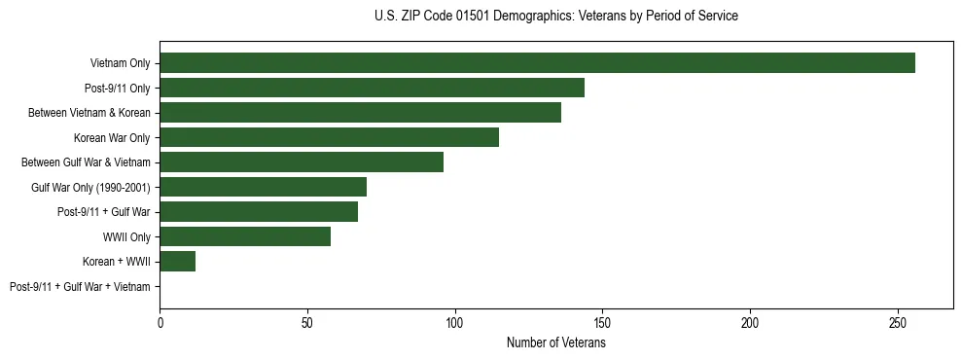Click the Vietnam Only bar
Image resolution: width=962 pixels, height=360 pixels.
point(537,63)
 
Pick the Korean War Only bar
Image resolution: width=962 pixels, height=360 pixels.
point(329,137)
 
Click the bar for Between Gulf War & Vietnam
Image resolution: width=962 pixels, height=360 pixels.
point(302,162)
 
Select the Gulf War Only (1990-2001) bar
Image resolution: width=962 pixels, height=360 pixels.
point(263,187)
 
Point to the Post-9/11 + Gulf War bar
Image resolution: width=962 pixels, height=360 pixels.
point(259,212)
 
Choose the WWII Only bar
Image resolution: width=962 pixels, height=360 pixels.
point(245,236)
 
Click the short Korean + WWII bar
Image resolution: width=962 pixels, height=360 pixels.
point(178,262)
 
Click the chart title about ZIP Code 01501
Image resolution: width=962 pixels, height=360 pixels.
point(555,17)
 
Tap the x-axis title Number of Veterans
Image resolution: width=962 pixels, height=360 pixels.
point(555,343)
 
